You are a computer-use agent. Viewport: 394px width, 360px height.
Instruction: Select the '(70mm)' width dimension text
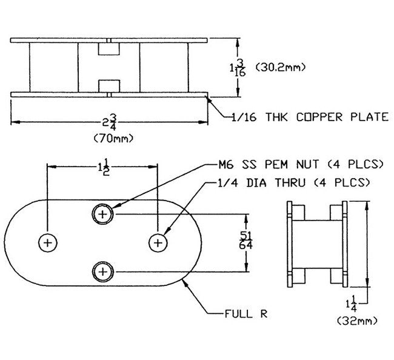point(113,139)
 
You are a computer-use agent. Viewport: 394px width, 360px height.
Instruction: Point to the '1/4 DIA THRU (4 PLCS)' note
point(294,181)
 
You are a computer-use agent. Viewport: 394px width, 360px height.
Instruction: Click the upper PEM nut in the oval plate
point(103,214)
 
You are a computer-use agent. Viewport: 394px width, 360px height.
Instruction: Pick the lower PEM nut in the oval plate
point(103,270)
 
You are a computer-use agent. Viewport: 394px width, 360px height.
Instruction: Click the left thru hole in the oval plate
point(48,242)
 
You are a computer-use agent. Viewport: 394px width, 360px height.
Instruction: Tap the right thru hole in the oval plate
point(158,242)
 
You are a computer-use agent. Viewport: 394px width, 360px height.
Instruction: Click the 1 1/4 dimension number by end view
point(355,301)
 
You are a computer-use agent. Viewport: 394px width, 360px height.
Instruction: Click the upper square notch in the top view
point(110,48)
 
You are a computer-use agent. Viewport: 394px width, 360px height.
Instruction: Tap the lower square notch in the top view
point(110,84)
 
